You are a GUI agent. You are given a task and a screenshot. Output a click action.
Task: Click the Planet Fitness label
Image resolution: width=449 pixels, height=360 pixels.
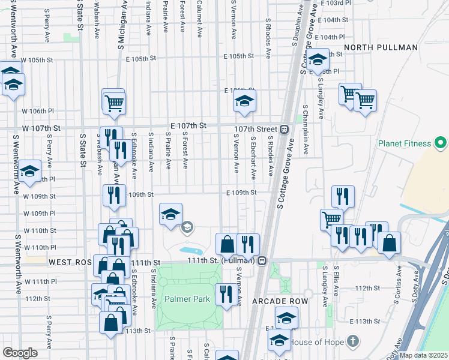tap(404, 143)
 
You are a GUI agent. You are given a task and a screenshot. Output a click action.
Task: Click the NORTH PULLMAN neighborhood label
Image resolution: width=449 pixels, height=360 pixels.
tap(381, 47)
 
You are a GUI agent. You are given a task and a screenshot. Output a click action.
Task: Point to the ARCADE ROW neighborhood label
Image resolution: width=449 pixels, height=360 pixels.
tap(280, 301)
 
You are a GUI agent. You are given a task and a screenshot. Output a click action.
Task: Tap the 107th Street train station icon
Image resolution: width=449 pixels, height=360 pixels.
tap(285, 129)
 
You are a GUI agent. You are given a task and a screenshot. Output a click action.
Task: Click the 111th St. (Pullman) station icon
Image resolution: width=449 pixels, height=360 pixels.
tap(262, 261)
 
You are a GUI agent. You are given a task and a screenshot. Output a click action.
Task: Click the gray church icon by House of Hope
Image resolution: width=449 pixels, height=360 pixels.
tap(354, 342)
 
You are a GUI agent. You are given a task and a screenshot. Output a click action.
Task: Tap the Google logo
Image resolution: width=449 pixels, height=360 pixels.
tap(20, 353)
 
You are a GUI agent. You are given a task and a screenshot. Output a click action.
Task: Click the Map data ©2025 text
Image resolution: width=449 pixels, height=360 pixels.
tap(423, 355)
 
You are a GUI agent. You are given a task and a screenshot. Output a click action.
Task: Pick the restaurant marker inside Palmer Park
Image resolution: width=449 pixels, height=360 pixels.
tap(226, 294)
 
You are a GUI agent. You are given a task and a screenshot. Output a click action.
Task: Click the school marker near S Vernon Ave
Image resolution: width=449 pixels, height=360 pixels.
tap(244, 101)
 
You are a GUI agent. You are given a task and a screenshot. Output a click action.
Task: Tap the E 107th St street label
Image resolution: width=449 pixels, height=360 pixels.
tap(188, 125)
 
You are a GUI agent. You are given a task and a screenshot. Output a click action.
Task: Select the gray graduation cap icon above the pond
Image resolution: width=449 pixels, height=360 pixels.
tap(187, 227)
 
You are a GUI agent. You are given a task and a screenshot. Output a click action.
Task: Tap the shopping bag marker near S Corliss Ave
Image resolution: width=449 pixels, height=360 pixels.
tap(389, 243)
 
